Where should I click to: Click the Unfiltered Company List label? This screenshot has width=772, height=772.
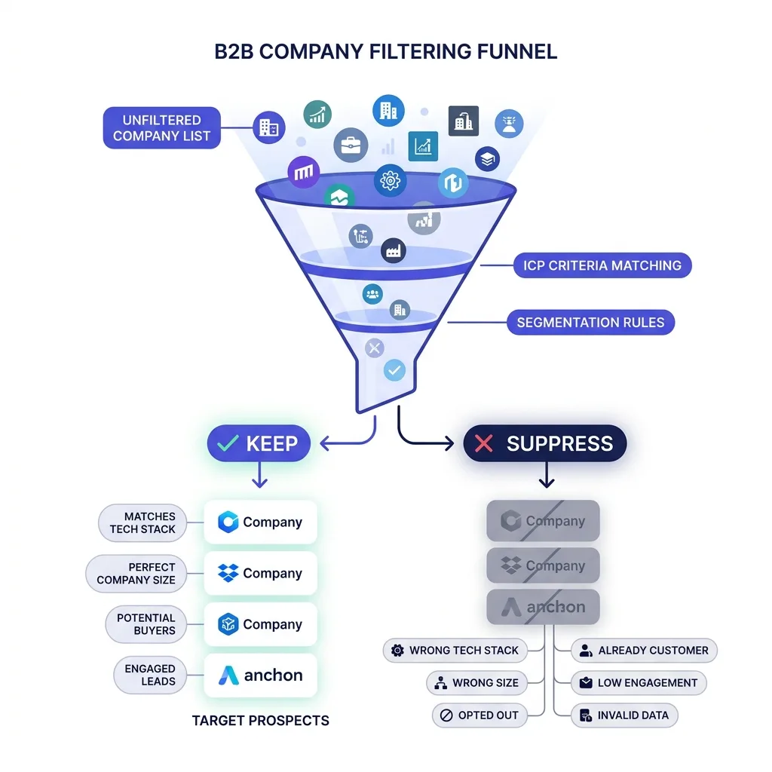click(161, 128)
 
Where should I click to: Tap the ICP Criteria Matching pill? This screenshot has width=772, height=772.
click(602, 265)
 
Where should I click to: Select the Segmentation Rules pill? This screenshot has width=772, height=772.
click(590, 323)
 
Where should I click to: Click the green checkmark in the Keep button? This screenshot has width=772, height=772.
click(228, 443)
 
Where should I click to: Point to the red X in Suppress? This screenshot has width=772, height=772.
click(483, 443)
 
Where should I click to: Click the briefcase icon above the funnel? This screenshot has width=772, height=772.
click(351, 146)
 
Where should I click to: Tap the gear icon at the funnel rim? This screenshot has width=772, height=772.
click(390, 181)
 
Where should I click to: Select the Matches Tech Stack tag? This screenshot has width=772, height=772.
click(142, 523)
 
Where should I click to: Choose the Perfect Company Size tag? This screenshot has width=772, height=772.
click(136, 574)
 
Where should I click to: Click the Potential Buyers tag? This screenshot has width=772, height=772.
click(146, 624)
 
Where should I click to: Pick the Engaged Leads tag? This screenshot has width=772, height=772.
click(150, 675)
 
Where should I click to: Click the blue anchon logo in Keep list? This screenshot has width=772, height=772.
click(228, 675)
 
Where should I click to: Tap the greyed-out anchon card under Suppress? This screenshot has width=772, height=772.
click(543, 607)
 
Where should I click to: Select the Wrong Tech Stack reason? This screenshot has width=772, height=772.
click(455, 651)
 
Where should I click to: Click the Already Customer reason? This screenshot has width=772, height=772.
click(644, 651)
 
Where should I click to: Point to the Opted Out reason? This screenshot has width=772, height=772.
click(479, 715)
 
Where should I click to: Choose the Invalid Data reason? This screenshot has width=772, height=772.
click(624, 715)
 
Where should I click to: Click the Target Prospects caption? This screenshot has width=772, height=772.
click(260, 721)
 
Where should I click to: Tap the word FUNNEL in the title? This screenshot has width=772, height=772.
click(516, 52)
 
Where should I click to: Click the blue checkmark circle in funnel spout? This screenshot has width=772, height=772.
click(394, 370)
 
